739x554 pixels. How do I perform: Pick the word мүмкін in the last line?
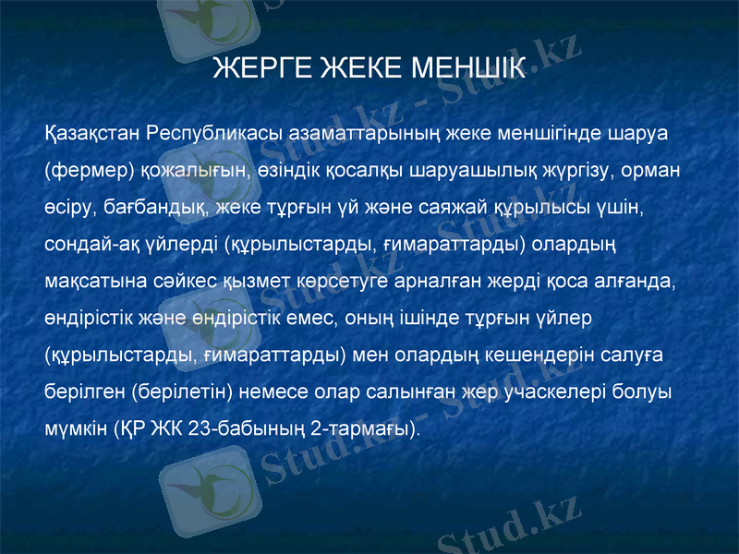pos(75,428)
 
